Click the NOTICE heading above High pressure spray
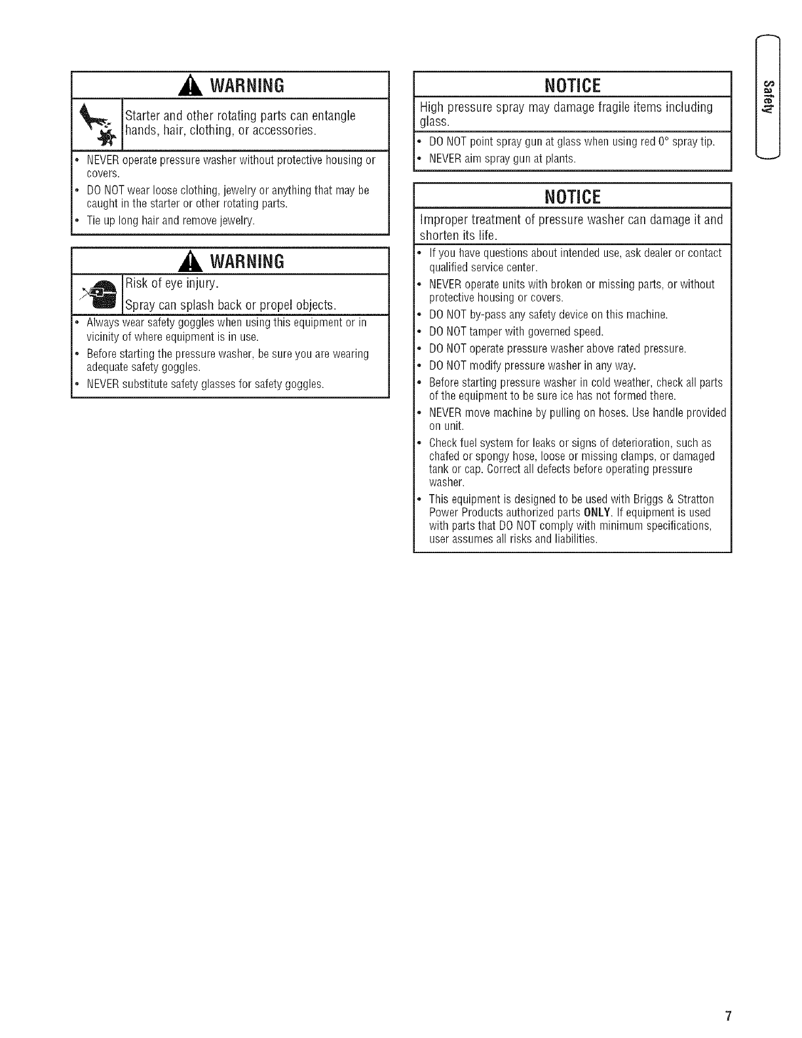(572, 86)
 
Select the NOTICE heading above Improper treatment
(572, 197)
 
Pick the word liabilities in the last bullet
(575, 539)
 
